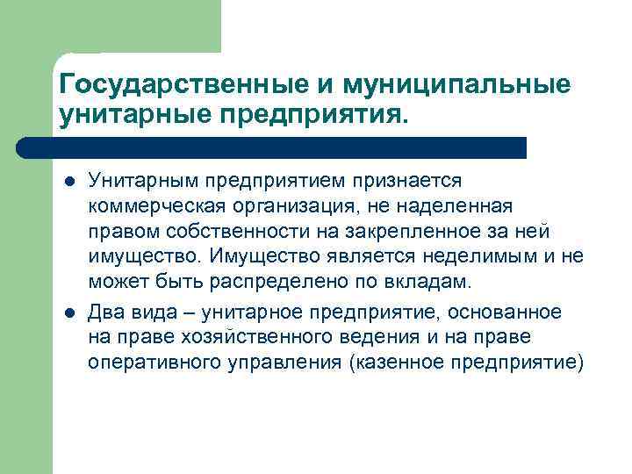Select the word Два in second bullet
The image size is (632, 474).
click(105, 312)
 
